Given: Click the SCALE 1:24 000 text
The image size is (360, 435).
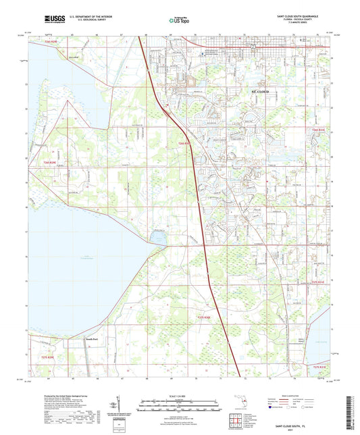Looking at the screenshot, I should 180,396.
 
